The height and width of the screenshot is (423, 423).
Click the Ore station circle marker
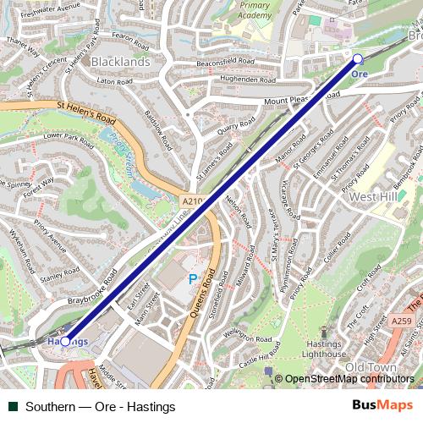[357, 58]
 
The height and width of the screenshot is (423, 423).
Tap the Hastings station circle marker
[65, 341]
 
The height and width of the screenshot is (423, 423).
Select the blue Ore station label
[360, 74]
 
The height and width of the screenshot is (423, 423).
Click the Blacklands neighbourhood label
[120, 62]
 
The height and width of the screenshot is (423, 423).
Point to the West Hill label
[374, 196]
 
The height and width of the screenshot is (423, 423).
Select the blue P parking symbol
[193, 278]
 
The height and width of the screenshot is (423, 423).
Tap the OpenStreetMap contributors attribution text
[349, 379]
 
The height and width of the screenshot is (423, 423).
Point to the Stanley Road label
[59, 274]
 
